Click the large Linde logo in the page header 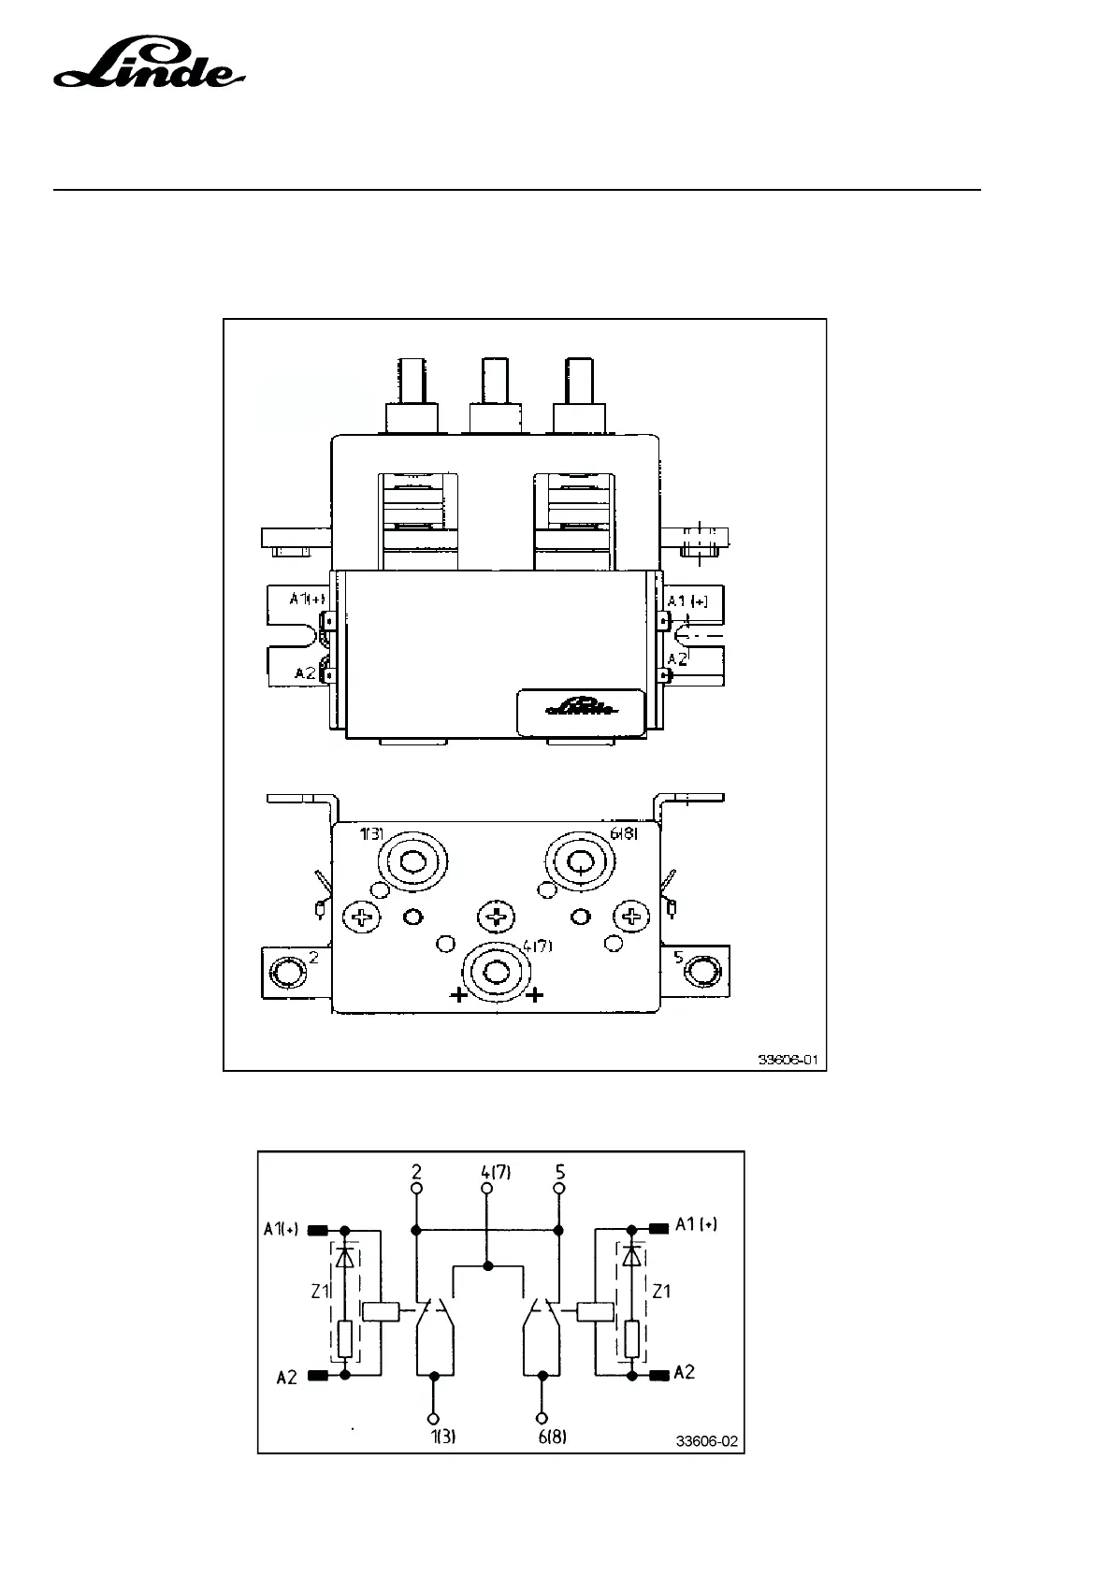pos(150,66)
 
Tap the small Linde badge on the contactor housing pos(580,709)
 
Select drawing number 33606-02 pos(707,1441)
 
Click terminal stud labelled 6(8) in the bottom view pos(580,862)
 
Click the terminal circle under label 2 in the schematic pos(416,1189)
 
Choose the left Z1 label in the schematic pos(320,1292)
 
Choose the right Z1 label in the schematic pos(662,1292)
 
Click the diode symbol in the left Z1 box pos(345,1255)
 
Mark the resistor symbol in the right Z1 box pos(633,1339)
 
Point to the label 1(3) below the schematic pos(443,1438)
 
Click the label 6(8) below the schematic pos(552,1438)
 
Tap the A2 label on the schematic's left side pos(286,1377)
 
